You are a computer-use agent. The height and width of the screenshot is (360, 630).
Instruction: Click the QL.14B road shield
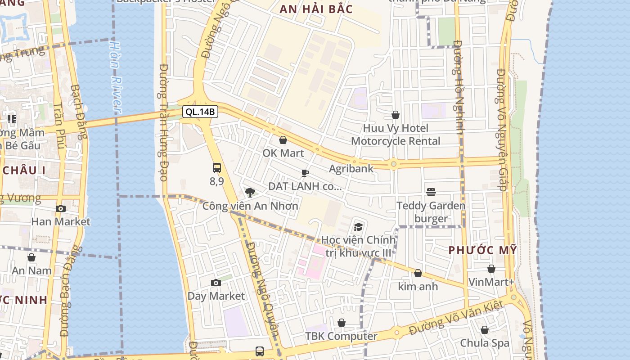coord(200,112)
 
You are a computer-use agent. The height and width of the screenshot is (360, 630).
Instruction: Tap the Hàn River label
coord(116,76)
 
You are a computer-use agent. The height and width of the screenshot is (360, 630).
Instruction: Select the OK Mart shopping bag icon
coord(283,140)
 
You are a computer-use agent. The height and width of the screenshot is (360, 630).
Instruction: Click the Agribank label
coord(351,169)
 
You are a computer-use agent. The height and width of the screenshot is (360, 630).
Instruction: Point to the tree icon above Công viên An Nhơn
coord(250,193)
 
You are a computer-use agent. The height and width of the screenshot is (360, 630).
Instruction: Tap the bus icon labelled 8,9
coord(217,168)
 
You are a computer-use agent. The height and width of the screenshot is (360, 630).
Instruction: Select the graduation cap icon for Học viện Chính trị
coord(358,226)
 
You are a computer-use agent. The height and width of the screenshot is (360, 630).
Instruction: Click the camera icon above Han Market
coord(61,208)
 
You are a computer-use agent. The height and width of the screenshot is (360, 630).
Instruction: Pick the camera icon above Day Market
coord(216,283)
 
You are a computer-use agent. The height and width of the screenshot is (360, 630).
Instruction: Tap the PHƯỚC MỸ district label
coord(483,250)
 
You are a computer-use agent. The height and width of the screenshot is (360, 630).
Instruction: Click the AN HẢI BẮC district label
coord(316,9)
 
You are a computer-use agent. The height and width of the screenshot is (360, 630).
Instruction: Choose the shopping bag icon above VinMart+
coord(491,269)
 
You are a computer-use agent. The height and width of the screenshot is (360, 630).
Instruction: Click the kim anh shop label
coord(418,286)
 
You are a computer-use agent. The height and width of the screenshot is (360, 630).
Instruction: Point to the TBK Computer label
coord(342,336)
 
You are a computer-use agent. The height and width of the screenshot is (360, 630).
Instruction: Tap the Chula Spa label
coord(485,343)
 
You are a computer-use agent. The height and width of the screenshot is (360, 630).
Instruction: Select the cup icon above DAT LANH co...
coord(305,173)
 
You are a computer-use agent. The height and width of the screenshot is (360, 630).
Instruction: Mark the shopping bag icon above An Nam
coord(31,257)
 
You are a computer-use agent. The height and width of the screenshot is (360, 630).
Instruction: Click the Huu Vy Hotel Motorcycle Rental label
coord(396,135)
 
